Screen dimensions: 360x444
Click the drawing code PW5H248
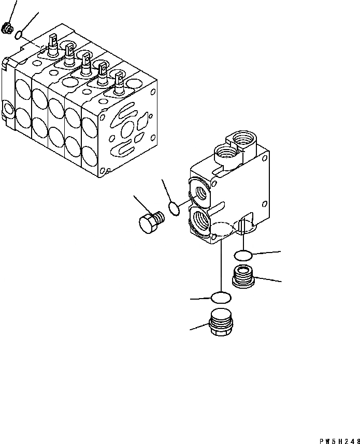(340, 441)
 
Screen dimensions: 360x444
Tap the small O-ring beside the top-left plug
(18, 35)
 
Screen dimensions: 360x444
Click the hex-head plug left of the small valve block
(152, 223)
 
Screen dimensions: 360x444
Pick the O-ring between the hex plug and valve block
(174, 209)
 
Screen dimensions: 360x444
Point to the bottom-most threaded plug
(221, 322)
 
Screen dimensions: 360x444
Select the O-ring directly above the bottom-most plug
(221, 298)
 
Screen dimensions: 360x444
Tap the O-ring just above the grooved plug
(243, 256)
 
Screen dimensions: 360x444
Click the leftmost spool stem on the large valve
(53, 46)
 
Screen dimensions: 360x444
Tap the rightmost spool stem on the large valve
(119, 83)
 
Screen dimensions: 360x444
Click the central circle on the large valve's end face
(127, 130)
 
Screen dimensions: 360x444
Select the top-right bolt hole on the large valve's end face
(153, 92)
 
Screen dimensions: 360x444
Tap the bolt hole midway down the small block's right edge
(265, 204)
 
